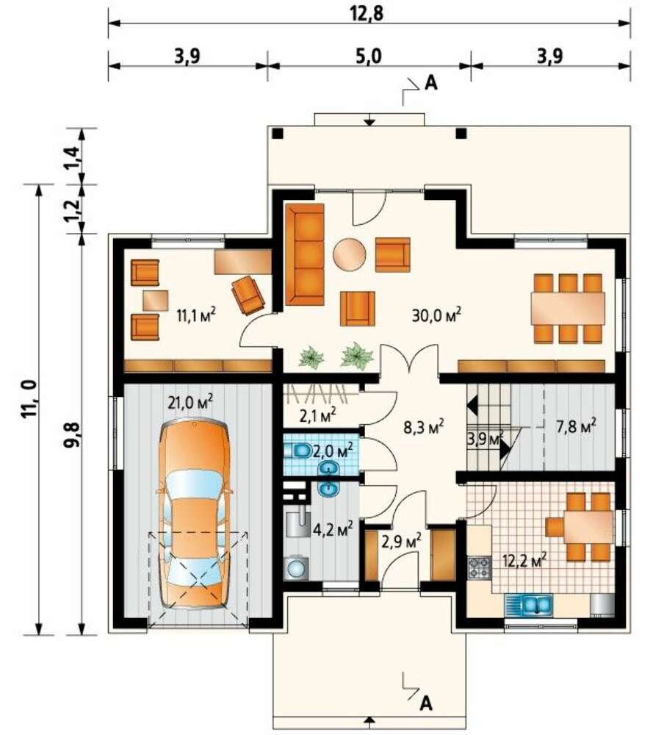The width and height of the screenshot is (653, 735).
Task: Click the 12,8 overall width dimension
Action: [367, 12]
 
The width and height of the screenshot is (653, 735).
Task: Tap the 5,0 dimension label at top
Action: [369, 56]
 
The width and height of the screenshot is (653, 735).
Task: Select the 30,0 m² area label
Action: [436, 315]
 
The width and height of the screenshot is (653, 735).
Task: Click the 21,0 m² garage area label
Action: [191, 402]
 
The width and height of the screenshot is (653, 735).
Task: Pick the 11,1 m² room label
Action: [196, 315]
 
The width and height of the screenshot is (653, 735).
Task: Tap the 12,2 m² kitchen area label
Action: [524, 559]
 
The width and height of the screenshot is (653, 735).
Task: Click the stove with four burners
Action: [479, 567]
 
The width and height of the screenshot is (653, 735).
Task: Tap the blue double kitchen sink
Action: [528, 605]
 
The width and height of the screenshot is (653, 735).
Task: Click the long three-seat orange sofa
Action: [305, 254]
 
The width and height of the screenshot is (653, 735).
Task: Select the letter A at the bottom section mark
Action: [425, 703]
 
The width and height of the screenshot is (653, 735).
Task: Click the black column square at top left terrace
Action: [278, 133]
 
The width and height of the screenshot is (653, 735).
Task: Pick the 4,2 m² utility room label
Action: [333, 530]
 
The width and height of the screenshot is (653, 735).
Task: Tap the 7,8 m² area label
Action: [576, 426]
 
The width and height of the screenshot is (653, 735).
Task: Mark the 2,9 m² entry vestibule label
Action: [401, 541]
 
